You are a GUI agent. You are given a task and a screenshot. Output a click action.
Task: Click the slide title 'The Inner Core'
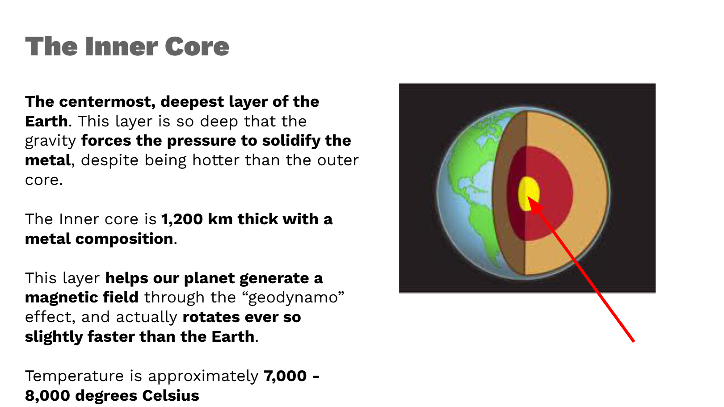click(x=127, y=46)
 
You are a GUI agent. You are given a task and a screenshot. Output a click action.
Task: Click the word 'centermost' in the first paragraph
click(x=105, y=102)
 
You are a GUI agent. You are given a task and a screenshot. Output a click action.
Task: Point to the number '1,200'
click(x=181, y=220)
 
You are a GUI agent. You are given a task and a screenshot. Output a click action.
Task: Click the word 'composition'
click(x=124, y=239)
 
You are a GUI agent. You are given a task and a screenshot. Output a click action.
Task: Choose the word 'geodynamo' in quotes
click(x=293, y=298)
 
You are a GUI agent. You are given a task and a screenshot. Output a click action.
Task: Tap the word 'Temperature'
click(x=74, y=376)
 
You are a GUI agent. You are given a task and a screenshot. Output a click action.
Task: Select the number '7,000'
click(x=285, y=376)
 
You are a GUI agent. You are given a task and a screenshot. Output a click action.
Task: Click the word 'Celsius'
click(x=170, y=396)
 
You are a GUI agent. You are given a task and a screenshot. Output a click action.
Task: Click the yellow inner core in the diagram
click(x=528, y=193)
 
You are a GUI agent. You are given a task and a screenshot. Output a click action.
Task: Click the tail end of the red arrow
click(x=634, y=341)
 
